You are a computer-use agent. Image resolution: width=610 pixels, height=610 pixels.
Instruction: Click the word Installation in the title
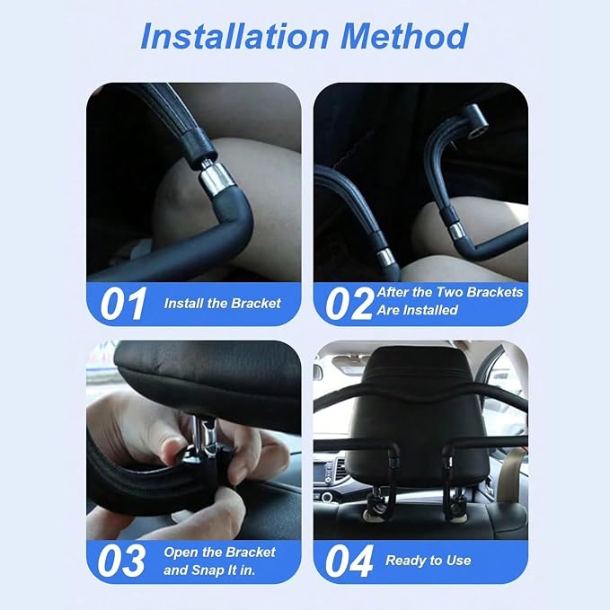[235, 36]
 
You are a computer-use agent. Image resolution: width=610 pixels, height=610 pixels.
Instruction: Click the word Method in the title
[404, 36]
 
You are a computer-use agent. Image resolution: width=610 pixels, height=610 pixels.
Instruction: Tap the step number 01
[123, 304]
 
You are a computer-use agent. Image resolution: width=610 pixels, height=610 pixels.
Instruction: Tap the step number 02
[349, 304]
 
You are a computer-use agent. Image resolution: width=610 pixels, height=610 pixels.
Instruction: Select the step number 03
[121, 561]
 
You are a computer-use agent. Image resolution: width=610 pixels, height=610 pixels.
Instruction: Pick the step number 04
[349, 561]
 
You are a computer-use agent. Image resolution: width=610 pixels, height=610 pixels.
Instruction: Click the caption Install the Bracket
[222, 304]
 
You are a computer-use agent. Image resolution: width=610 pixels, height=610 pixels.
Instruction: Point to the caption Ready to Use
[428, 561]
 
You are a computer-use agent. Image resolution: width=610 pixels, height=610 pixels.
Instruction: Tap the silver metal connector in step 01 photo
[217, 179]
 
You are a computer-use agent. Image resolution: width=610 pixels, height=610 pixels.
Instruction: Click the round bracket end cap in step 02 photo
[477, 121]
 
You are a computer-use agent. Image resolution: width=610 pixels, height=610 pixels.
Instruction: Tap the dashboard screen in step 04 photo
[321, 472]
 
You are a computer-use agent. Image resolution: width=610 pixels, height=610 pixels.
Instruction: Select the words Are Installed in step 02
[417, 310]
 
